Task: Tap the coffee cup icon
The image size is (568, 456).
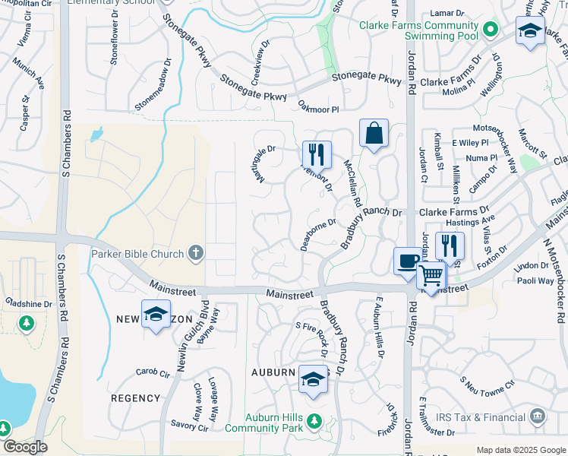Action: click(406, 261)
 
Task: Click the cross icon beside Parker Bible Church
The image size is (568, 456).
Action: click(196, 253)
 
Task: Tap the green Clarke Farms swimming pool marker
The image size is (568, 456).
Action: click(491, 30)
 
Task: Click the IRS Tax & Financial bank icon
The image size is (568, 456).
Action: click(538, 416)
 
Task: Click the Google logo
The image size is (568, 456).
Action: click(24, 447)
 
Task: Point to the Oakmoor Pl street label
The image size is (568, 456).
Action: click(318, 109)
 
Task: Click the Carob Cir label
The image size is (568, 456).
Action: click(152, 373)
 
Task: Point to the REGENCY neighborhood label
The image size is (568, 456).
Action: click(135, 398)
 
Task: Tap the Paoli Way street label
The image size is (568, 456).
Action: click(536, 281)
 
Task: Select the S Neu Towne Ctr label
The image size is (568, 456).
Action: click(487, 389)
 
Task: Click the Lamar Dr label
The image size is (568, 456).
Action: click(447, 14)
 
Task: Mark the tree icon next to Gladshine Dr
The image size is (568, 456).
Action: click(27, 323)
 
